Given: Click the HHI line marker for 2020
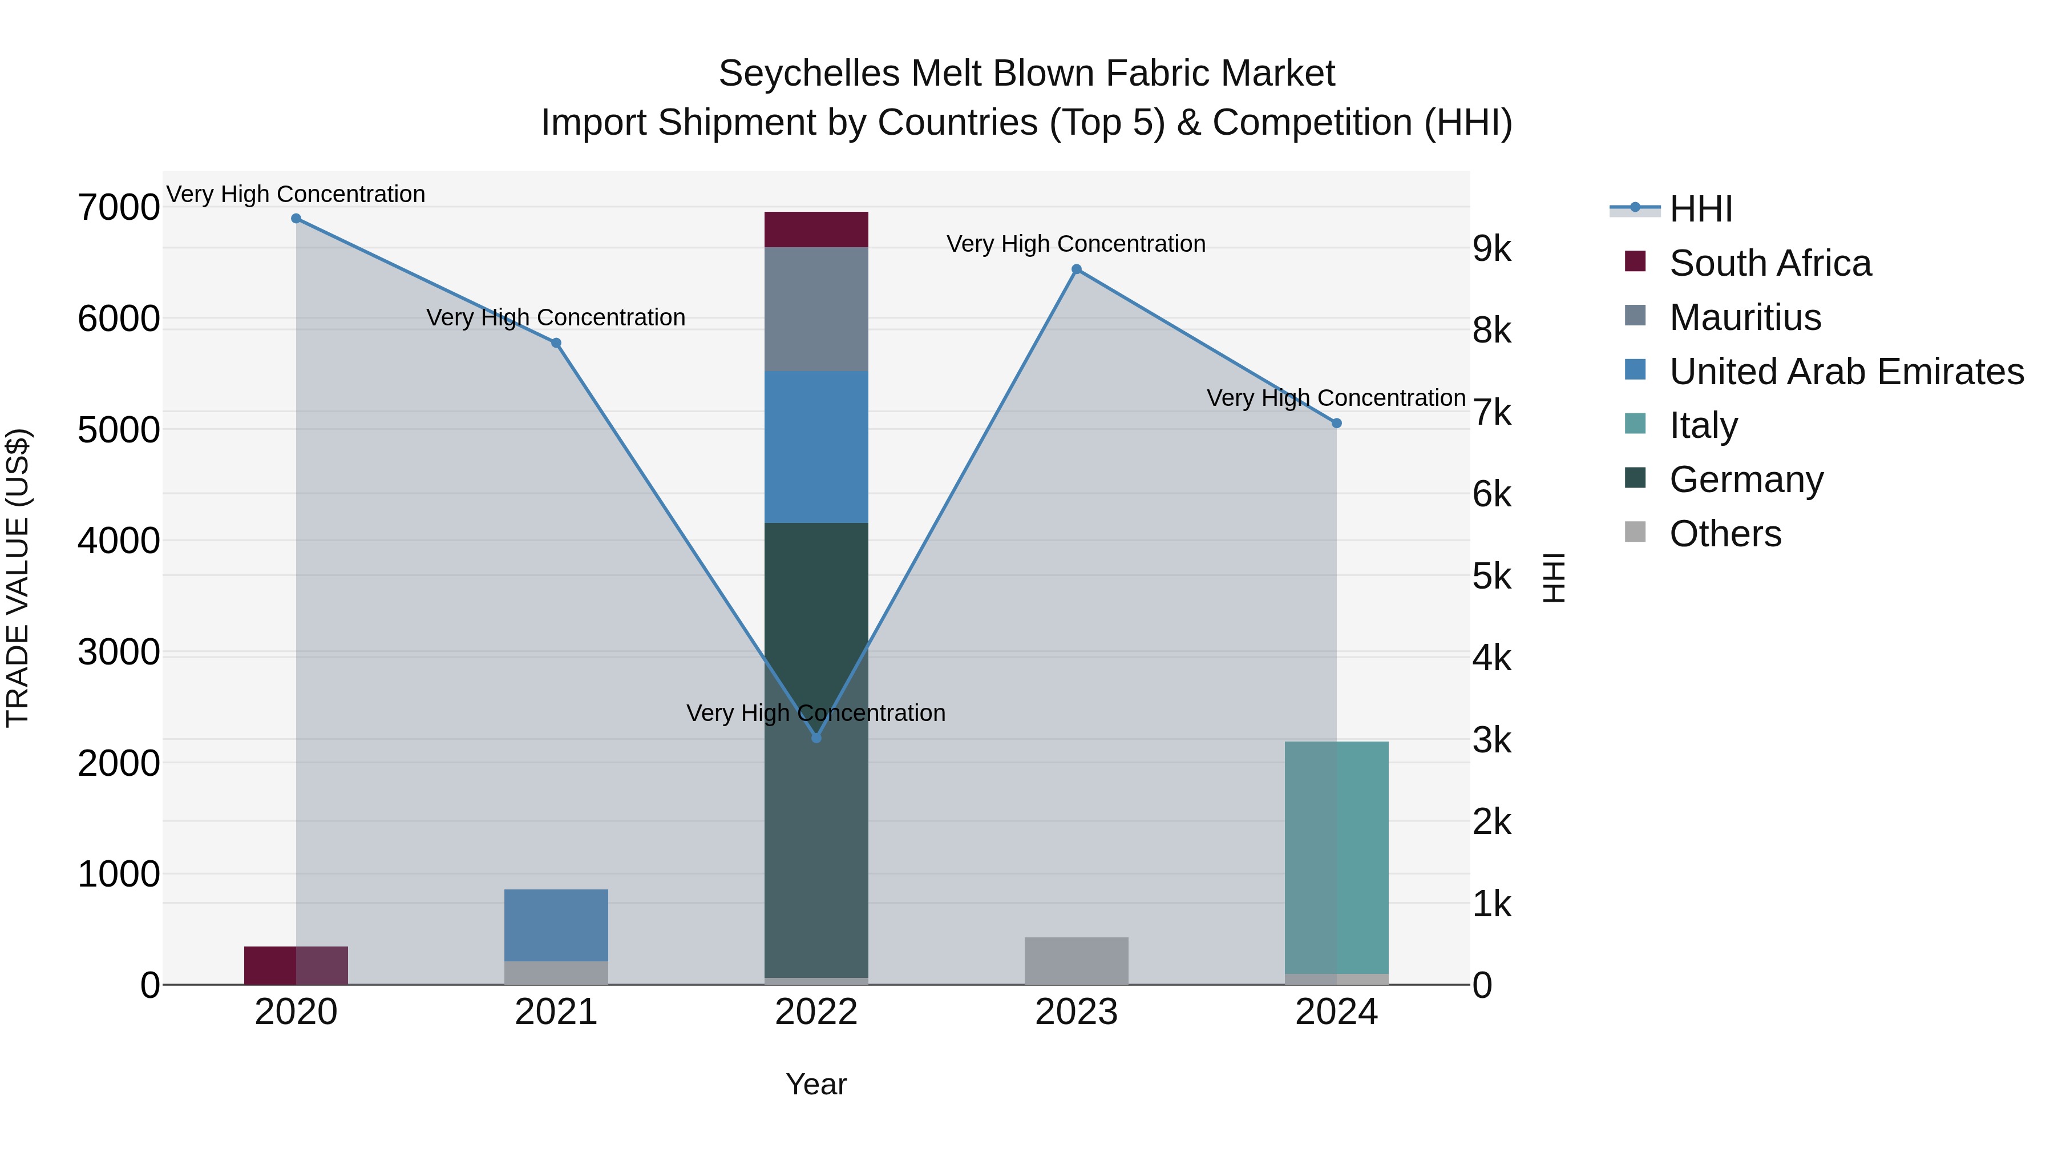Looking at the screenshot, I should click(296, 219).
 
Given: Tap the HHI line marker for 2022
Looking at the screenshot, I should click(816, 738).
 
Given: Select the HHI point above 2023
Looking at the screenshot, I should click(1077, 269).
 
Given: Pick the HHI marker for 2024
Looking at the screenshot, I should click(1336, 424).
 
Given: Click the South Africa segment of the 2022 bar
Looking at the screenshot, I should click(816, 229).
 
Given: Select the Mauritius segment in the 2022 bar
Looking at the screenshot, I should click(816, 309).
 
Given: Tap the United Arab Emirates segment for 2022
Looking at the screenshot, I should click(816, 447).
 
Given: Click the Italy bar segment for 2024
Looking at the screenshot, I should click(1336, 857).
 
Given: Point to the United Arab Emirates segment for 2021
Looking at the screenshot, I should click(556, 925).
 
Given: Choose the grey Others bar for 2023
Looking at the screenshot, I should click(1077, 961).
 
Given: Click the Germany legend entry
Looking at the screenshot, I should click(1746, 480).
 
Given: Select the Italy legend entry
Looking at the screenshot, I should click(1703, 425).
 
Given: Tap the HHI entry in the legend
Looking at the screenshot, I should click(1700, 209).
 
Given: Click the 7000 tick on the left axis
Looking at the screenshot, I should click(118, 207).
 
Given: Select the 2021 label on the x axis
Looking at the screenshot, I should click(556, 1012).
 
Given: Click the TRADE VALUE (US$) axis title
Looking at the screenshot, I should click(18, 578).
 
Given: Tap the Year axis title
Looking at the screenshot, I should click(816, 1084).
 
